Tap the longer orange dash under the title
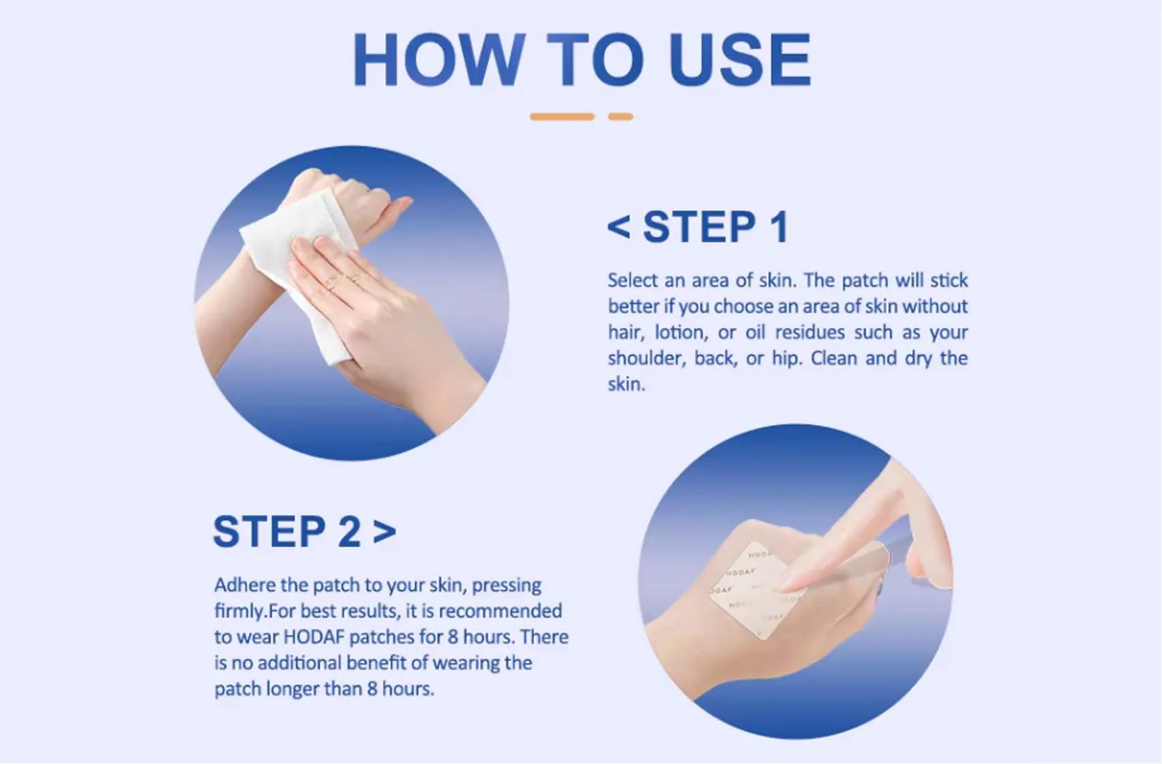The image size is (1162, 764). (562, 117)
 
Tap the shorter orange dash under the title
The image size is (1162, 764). (620, 117)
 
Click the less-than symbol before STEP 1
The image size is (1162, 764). (619, 226)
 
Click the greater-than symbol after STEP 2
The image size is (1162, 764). (385, 531)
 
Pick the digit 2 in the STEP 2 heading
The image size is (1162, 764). (349, 531)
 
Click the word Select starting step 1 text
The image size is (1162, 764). (632, 281)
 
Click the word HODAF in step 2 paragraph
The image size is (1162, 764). (314, 637)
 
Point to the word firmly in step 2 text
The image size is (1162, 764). (239, 611)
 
